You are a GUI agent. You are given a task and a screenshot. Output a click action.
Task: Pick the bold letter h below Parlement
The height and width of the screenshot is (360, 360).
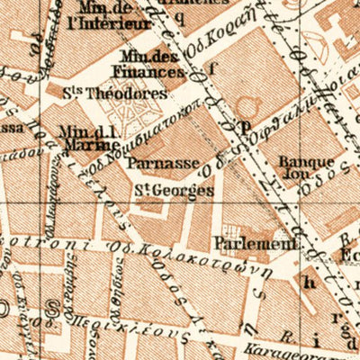[310, 281]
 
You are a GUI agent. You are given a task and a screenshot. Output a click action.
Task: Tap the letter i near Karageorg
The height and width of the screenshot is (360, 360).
[316, 340]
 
